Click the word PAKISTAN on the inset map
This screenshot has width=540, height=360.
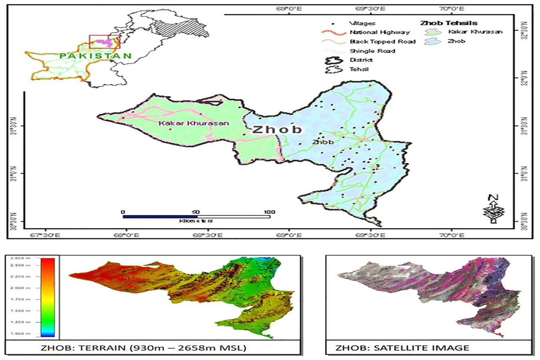tap(96, 56)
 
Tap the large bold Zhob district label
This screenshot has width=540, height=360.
tap(277, 130)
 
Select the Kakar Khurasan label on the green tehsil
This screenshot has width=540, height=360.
tap(194, 123)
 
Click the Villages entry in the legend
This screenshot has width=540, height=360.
tap(362, 23)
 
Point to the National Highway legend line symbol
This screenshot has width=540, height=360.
tap(333, 33)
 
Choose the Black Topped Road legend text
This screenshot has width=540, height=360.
tap(382, 42)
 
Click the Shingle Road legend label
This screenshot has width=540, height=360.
tap(372, 51)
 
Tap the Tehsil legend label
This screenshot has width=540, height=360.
tap(359, 69)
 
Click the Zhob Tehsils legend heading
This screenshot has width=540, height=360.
tap(448, 23)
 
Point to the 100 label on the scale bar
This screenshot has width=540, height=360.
tap(269, 212)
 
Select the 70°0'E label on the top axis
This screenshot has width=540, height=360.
tap(451, 8)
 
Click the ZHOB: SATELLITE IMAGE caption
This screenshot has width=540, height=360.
tap(402, 348)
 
